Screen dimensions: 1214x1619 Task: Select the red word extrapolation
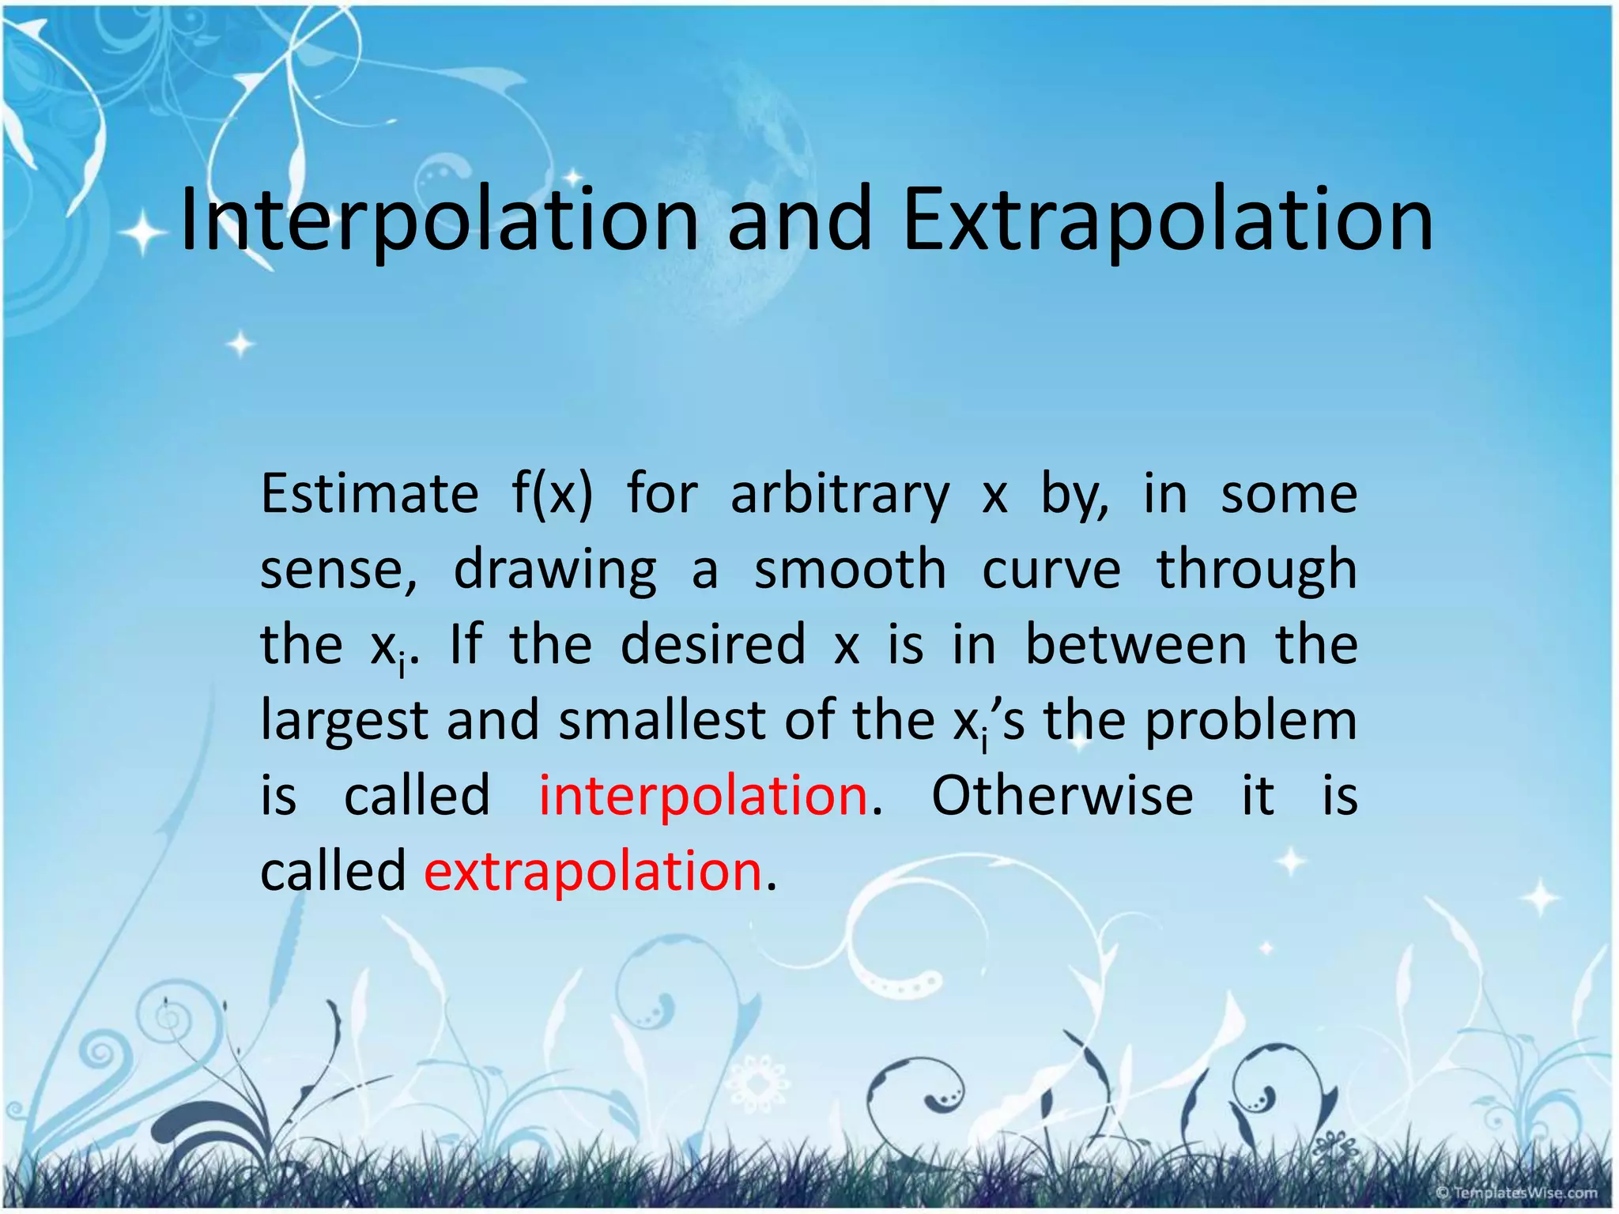tap(593, 871)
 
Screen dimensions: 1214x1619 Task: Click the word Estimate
tap(369, 494)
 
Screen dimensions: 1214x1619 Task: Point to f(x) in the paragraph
tap(551, 494)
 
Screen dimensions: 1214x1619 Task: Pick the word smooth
tap(850, 569)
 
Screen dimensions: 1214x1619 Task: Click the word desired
tap(713, 644)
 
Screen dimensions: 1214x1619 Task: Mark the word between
tap(1136, 644)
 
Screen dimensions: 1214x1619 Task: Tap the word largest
tap(344, 721)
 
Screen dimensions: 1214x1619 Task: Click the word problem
tap(1251, 721)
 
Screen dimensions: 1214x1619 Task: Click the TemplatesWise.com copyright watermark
tap(1516, 1193)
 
